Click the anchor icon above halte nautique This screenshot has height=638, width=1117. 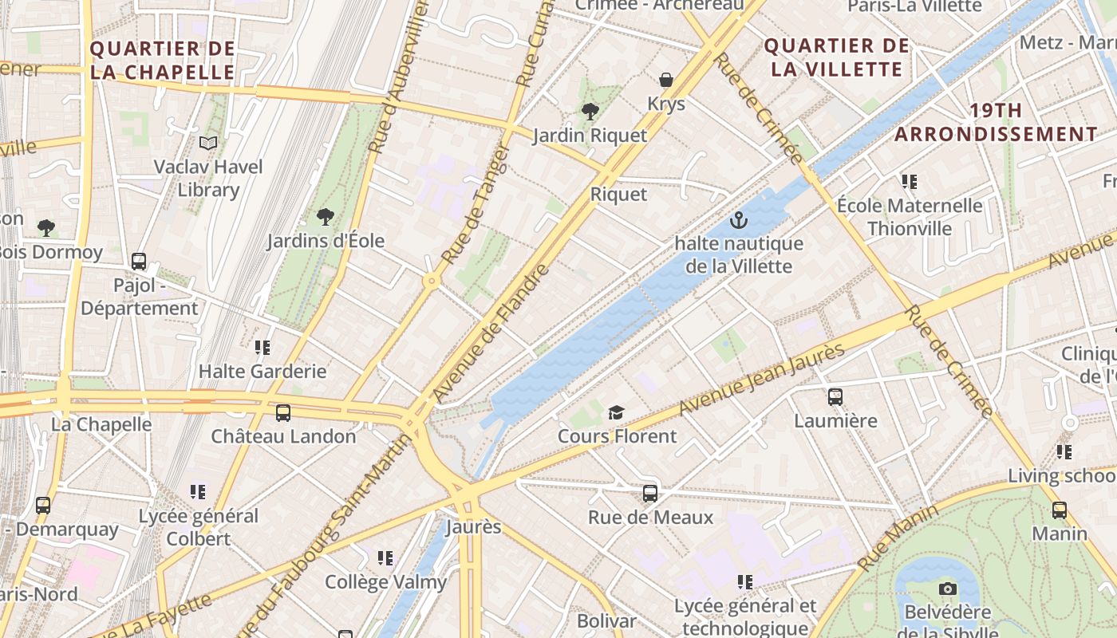[738, 219]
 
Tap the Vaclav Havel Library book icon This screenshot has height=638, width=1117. [208, 144]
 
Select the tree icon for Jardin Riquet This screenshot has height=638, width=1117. [590, 112]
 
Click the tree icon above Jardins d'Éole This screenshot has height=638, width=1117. [325, 217]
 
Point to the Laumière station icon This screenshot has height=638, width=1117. [835, 396]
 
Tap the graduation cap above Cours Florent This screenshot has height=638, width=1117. [616, 412]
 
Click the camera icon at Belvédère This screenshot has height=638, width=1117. [948, 589]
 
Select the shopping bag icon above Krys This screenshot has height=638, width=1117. [666, 80]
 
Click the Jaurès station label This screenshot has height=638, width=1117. [473, 527]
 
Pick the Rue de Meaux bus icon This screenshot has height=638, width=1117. [650, 494]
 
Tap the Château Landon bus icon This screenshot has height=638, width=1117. [283, 413]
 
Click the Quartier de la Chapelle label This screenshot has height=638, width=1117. [163, 61]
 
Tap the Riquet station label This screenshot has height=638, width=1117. [618, 194]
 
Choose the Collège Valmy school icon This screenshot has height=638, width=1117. [385, 558]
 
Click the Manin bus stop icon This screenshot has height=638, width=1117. [1060, 510]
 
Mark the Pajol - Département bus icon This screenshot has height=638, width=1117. [139, 262]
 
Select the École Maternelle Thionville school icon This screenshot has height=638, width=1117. [909, 182]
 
